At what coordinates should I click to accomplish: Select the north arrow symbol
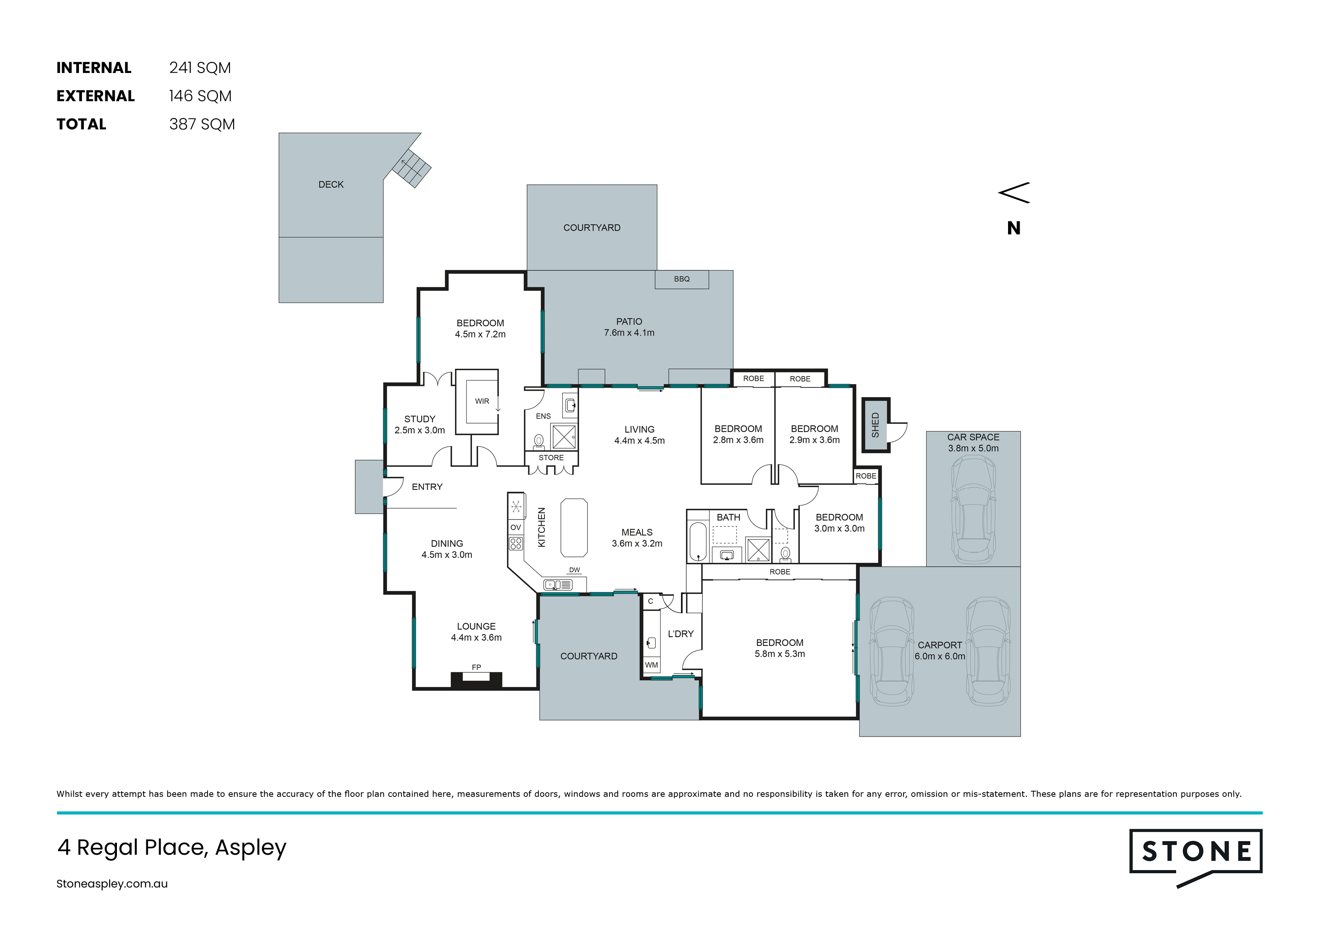click(x=1014, y=193)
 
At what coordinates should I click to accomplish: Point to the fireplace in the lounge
click(x=476, y=680)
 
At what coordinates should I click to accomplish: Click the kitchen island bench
click(x=574, y=528)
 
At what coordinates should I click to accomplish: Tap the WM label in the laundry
click(x=652, y=665)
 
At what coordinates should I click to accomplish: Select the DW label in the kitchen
click(x=575, y=570)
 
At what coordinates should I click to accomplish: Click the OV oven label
click(x=516, y=527)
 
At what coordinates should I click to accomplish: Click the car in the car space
click(x=973, y=510)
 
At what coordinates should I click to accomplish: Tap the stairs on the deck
click(x=411, y=168)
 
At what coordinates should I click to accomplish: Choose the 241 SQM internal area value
click(x=200, y=68)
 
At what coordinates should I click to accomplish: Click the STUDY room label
click(x=420, y=419)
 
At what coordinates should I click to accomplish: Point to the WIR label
click(x=482, y=401)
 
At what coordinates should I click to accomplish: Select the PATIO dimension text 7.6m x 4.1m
click(x=629, y=333)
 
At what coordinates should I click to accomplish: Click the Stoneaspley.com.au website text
click(x=112, y=884)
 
